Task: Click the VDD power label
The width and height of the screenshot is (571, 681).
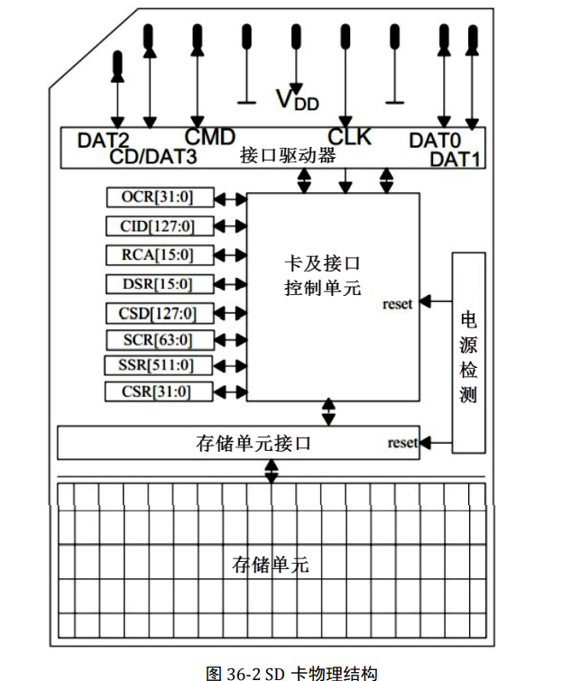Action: [298, 99]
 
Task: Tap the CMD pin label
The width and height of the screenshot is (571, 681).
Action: [210, 137]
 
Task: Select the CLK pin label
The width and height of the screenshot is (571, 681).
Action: [349, 137]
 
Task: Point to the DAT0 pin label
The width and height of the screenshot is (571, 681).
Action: [435, 141]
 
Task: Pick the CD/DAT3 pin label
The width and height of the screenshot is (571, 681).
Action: [153, 156]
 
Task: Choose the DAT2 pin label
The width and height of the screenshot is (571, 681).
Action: [103, 141]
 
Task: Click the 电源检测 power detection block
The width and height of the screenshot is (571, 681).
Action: [468, 353]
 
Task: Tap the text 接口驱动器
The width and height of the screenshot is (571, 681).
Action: [288, 156]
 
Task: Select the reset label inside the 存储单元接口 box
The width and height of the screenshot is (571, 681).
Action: [402, 443]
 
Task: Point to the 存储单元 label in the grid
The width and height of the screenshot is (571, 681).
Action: [271, 566]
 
